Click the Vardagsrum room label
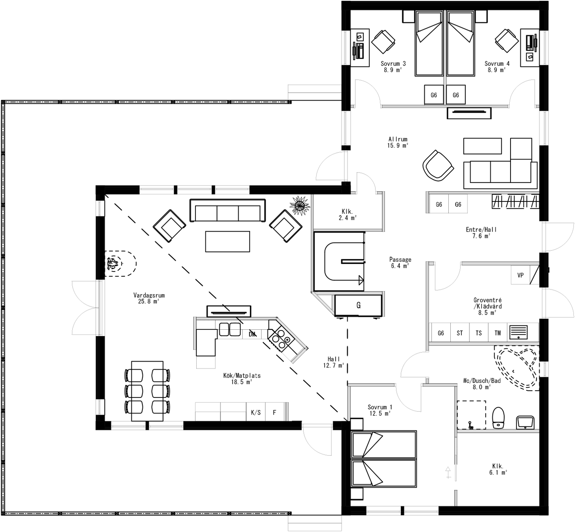[x=149, y=298]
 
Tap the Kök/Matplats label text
[x=242, y=378]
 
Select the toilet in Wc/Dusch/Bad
[x=498, y=418]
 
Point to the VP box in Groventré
[x=520, y=275]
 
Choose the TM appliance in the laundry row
[x=497, y=333]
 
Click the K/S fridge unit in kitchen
[x=256, y=412]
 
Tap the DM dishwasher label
[x=252, y=334]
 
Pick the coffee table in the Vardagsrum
[x=228, y=241]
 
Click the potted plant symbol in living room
[x=300, y=205]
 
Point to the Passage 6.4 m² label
[x=400, y=263]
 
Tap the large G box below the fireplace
[x=359, y=305]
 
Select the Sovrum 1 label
[x=380, y=410]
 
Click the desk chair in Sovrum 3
[x=383, y=41]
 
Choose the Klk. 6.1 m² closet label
[x=498, y=469]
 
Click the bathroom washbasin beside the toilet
[x=526, y=422]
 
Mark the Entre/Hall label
[x=481, y=233]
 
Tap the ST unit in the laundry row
[x=459, y=333]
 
